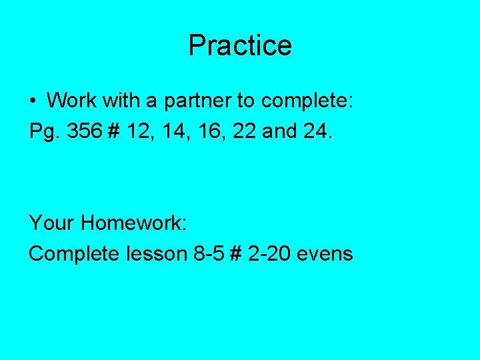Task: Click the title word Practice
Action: click(x=240, y=46)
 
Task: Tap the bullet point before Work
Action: click(x=33, y=101)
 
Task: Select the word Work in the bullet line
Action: click(x=70, y=101)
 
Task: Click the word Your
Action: click(x=52, y=223)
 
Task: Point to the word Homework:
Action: click(x=133, y=223)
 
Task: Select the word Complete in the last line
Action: click(x=73, y=254)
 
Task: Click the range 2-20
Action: click(x=270, y=254)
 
